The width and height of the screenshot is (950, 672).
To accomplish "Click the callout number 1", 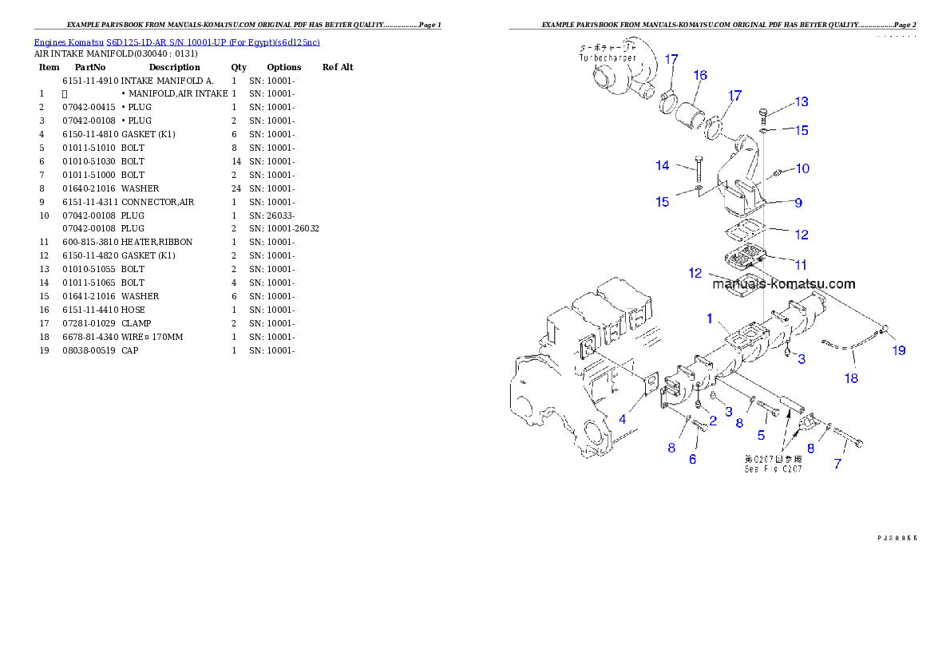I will point(709,318).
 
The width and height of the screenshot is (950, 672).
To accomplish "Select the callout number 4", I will point(622,418).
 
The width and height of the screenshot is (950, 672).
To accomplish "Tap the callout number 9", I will point(798,203).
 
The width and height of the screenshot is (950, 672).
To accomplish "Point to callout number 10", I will point(802,168).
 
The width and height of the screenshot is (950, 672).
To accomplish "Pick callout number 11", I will point(800,264).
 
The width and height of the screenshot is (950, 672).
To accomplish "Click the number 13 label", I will point(801,101).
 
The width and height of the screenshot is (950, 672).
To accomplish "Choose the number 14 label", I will point(663,165).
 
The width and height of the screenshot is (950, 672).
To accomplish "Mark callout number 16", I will point(700,75).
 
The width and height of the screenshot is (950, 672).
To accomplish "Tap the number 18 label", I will point(852,378).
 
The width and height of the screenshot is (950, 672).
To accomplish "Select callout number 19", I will point(899,350).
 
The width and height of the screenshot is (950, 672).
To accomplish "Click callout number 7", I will point(837,464).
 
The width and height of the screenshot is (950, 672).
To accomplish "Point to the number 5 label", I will point(761,435).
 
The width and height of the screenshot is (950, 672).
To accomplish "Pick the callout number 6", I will point(692,459).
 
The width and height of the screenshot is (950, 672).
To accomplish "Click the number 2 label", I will point(713,420).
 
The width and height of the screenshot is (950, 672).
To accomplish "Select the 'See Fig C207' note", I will point(773,468).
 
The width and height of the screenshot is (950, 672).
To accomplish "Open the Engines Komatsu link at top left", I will point(176,42).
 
